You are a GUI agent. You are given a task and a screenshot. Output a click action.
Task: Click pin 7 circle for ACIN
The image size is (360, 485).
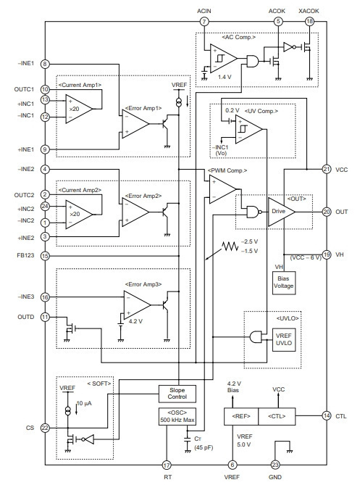204,22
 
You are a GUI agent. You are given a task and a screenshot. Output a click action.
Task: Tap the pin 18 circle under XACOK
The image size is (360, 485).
309,22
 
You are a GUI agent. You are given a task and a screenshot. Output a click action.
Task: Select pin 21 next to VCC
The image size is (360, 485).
327,170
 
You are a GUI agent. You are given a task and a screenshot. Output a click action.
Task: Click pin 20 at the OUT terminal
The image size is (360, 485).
327,212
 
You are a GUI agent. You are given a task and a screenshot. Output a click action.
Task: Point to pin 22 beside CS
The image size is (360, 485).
45,428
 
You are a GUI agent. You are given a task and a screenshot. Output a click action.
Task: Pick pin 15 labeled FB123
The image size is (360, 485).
45,256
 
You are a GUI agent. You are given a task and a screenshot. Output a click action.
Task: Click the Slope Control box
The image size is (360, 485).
177,394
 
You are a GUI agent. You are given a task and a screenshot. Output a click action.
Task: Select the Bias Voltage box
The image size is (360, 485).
284,283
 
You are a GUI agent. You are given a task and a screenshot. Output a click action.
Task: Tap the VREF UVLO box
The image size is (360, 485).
284,339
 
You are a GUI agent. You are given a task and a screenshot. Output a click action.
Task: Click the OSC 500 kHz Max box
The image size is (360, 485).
177,417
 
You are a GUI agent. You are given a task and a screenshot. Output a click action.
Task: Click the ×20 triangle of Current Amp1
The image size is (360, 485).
79,109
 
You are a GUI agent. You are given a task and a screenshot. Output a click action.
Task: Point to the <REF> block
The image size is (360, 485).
241,416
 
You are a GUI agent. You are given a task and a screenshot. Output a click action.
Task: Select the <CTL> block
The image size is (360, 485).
277,416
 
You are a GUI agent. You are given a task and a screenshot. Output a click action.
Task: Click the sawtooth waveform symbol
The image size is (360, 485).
230,246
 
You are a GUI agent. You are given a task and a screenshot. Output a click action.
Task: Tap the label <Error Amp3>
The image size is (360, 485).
143,284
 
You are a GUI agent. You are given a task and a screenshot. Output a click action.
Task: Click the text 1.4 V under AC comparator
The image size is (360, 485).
225,77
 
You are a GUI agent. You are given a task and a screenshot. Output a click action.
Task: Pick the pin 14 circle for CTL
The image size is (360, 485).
327,415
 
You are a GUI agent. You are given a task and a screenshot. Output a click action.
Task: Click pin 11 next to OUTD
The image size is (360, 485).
45,317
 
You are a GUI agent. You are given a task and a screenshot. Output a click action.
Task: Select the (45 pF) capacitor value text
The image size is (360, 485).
204,447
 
